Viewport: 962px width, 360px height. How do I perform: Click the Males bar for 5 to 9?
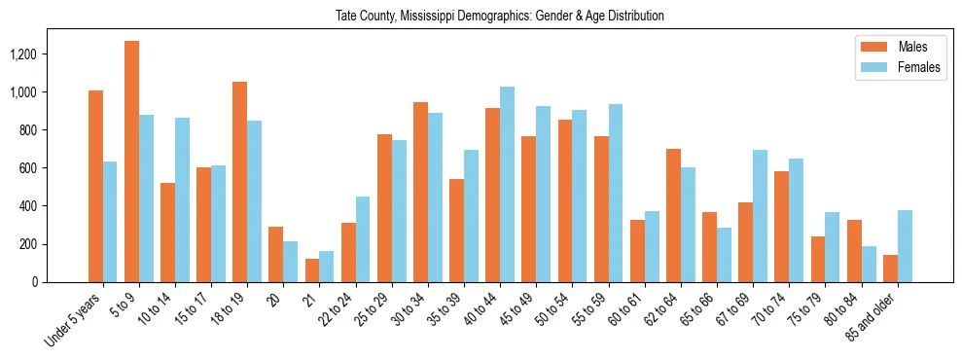(131, 162)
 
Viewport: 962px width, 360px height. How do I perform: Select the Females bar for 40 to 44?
(507, 185)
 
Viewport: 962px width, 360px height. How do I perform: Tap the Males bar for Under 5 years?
(95, 186)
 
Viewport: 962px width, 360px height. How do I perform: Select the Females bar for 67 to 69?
(760, 216)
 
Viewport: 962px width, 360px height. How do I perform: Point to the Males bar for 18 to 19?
(239, 182)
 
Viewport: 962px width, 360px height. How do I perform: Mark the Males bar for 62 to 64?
(673, 215)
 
